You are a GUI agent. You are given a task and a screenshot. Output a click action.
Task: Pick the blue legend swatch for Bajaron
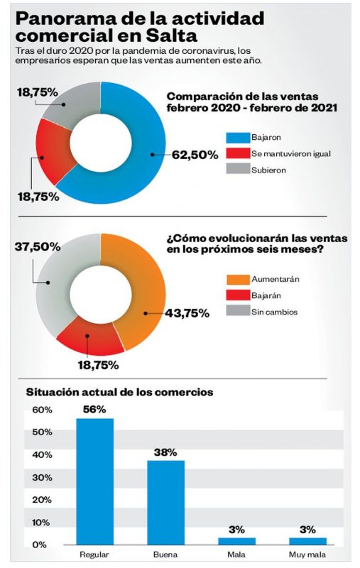coord(238,138)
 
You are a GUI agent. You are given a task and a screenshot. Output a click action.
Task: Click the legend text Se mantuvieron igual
coord(291,153)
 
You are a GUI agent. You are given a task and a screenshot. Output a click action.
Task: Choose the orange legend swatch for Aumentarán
coord(238,279)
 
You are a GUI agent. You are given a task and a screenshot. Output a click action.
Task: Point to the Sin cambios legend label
coord(275,312)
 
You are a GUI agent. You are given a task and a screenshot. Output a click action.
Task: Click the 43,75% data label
coord(187,313)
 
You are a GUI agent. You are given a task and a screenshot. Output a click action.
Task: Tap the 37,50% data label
coord(38,246)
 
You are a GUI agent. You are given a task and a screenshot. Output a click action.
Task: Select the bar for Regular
coord(94,481)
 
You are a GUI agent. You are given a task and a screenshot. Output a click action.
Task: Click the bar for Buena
coord(165,503)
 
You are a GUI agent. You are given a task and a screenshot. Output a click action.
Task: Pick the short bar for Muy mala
coord(307,541)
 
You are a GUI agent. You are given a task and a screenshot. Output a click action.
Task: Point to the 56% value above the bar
coord(94,410)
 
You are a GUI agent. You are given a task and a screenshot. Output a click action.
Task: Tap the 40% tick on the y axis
coord(42,455)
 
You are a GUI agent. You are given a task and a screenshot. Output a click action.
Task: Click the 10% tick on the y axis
coord(41,523)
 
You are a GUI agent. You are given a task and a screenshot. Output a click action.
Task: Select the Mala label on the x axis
coord(236,555)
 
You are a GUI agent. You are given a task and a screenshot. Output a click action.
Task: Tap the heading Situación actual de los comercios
coord(119,393)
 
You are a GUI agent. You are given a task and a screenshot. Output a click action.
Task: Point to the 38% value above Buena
coord(165,452)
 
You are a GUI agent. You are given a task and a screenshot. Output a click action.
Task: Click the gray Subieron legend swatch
coord(238,169)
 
